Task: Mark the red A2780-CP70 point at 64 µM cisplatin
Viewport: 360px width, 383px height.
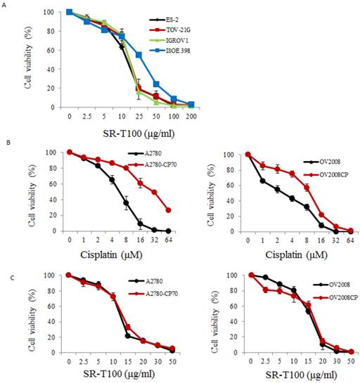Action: (168, 209)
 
